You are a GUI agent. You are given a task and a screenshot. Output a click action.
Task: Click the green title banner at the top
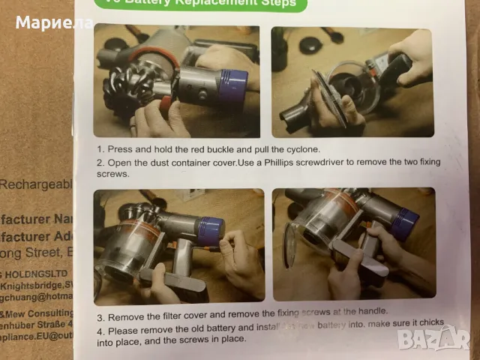point(202,4)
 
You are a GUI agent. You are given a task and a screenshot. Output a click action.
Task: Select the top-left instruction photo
point(176,81)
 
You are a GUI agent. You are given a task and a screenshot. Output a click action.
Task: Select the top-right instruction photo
point(352,81)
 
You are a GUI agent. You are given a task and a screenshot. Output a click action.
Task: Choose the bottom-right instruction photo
point(354,244)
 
